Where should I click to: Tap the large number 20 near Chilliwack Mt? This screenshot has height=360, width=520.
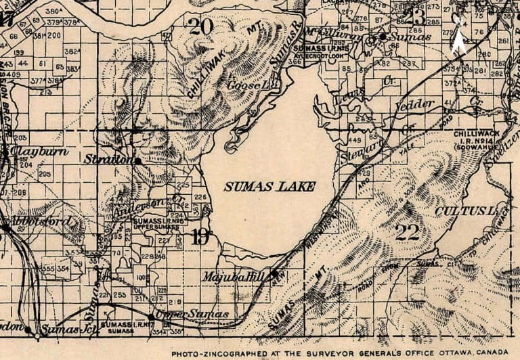tap(202, 26)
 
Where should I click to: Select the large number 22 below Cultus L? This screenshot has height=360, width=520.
tap(408, 233)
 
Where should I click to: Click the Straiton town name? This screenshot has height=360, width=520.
tap(107, 160)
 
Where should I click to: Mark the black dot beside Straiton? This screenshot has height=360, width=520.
tap(138, 161)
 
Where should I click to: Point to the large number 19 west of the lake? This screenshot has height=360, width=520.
tap(200, 237)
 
